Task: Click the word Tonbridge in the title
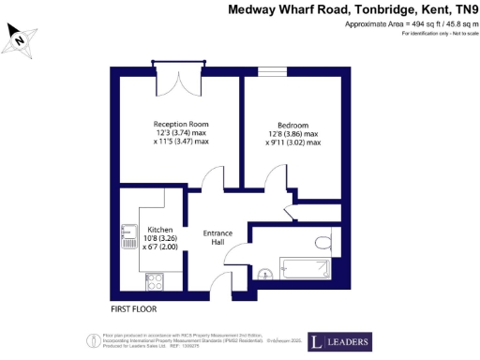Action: tap(374, 9)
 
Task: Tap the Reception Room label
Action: tap(181, 124)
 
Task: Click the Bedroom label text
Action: tap(292, 125)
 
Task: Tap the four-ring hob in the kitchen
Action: tap(153, 279)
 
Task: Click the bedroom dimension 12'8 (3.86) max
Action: tap(292, 134)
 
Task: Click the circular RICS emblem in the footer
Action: tap(94, 339)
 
